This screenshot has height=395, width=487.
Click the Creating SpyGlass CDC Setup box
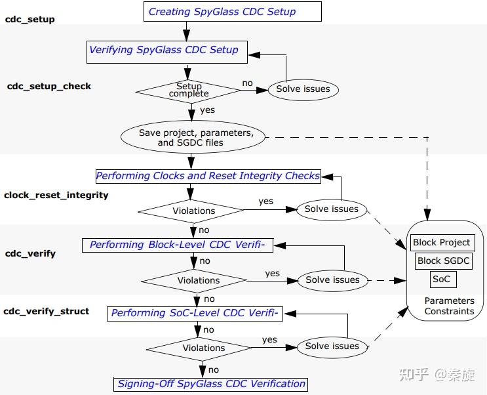[x=222, y=11]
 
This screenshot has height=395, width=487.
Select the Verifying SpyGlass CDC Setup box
[x=163, y=51]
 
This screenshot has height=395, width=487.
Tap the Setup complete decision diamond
[x=189, y=90]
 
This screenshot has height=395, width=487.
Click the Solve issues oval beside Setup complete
[x=303, y=89]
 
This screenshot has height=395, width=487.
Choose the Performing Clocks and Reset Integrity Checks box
[x=208, y=176]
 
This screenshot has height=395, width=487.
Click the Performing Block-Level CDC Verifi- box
[x=177, y=245]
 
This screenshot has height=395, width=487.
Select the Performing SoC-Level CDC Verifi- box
[x=195, y=313]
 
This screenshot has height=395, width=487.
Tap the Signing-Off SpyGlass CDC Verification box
[x=211, y=384]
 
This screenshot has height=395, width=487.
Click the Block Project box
[x=441, y=242]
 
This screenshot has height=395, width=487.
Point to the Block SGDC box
[x=444, y=260]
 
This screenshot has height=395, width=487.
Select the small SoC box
[x=442, y=279]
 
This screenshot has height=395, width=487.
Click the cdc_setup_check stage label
[x=49, y=86]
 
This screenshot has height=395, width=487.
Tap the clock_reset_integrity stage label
[x=56, y=195]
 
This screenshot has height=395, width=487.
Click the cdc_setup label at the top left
[x=30, y=19]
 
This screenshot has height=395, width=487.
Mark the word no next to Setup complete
[x=248, y=83]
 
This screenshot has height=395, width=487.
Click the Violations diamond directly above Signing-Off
[x=204, y=348]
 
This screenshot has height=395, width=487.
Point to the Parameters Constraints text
[x=449, y=306]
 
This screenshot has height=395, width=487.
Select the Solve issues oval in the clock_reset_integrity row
[x=332, y=209]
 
